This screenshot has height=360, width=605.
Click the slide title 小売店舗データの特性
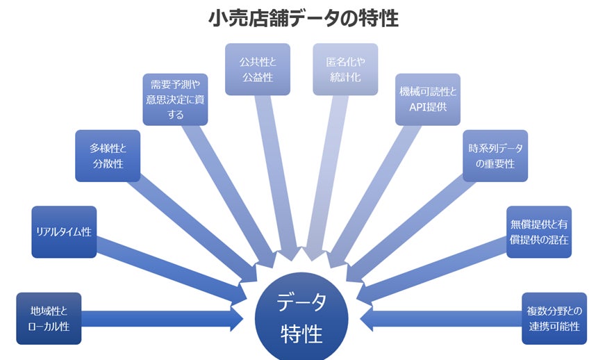[x=304, y=19]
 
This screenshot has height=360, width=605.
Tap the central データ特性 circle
[x=302, y=318]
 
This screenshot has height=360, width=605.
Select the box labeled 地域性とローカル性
[x=49, y=318]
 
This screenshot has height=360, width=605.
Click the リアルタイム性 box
[x=64, y=232]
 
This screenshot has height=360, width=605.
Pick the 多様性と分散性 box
[x=107, y=156]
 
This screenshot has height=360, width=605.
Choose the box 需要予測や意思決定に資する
[x=175, y=99]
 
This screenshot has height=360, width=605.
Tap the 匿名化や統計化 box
[x=345, y=69]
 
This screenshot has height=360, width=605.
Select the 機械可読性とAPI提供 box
[x=428, y=99]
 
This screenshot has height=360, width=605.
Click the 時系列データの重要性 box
[x=495, y=156]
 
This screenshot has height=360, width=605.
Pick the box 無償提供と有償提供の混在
[x=538, y=232]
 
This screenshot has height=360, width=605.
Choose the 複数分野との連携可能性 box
[x=554, y=318]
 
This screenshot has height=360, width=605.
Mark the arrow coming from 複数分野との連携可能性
[x=445, y=319]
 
